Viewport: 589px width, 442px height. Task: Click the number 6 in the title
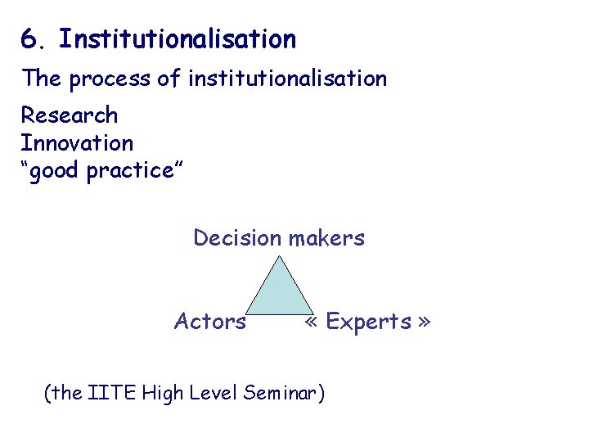tap(28, 38)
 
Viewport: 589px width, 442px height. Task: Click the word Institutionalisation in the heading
tap(178, 38)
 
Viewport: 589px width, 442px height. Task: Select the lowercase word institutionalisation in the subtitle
tap(287, 79)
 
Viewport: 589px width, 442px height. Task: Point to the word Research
tap(70, 115)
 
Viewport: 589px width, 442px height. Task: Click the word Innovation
tap(77, 143)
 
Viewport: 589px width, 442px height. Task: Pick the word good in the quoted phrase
tap(58, 172)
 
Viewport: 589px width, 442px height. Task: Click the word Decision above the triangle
tap(237, 238)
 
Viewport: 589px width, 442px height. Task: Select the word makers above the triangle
tap(326, 238)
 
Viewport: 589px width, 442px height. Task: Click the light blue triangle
tap(280, 295)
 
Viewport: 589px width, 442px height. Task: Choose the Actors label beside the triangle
tap(210, 322)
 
